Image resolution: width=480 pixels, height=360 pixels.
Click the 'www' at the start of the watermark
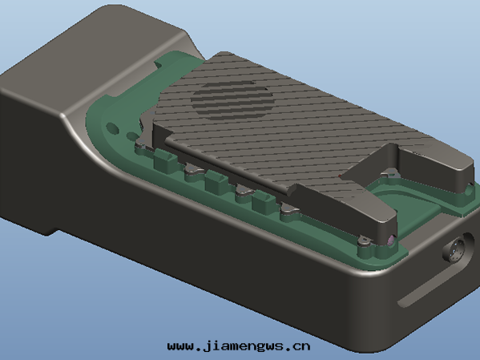180,346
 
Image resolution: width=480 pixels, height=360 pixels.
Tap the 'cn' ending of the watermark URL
301,346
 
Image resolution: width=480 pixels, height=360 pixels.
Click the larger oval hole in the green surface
112,128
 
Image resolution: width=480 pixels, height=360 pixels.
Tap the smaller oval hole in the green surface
132,136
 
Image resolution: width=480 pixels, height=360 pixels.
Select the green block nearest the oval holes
166,160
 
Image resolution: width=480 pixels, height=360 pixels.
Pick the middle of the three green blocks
217,181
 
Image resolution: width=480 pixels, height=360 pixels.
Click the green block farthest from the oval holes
264,201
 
